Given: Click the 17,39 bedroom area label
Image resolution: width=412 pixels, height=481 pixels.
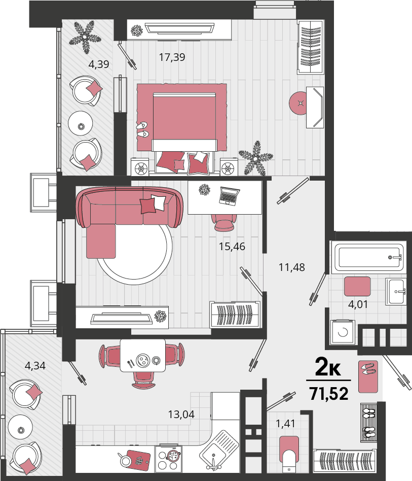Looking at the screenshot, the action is [172, 57].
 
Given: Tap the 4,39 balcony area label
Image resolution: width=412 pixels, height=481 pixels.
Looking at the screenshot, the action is [99, 64].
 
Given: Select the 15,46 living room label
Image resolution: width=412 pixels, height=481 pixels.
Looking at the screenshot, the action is [232, 247].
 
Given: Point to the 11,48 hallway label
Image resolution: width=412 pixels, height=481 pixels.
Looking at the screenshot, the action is [291, 267].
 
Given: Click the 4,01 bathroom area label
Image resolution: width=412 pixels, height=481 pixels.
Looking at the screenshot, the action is [358, 304].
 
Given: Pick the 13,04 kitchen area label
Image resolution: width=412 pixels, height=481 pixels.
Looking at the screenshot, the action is [181, 415].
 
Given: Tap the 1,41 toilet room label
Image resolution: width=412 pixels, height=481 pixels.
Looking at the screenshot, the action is [285, 424].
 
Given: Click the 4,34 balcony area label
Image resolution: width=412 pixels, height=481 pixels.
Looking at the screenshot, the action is [35, 366].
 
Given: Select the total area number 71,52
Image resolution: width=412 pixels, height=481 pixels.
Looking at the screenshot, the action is [329, 394].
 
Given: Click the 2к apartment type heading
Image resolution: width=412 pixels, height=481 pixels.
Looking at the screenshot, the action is [328, 367].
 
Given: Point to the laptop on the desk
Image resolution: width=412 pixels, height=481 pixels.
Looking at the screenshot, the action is [229, 196].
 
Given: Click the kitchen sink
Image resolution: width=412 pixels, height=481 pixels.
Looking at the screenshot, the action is [219, 450].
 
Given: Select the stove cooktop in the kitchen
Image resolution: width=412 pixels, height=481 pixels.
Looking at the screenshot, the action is [168, 458].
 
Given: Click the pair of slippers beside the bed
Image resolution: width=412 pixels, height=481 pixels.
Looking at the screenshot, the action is [142, 130].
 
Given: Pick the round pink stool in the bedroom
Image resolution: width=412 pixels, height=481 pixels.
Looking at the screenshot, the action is [298, 104].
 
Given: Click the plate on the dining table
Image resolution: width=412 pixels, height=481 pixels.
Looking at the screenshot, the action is [143, 359].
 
